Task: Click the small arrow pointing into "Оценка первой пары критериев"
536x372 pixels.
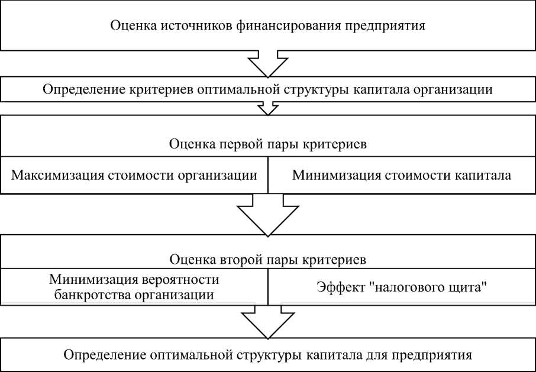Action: coord(267,108)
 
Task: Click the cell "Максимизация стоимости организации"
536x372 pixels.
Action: coord(134,176)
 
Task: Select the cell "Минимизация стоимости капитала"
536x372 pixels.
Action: coord(402,176)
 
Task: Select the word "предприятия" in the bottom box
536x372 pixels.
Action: coord(440,355)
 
